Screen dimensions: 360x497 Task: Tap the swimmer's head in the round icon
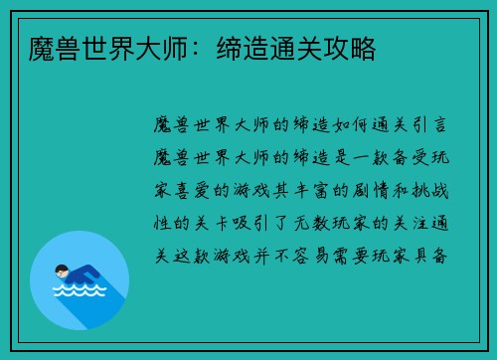tap(61, 269)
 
